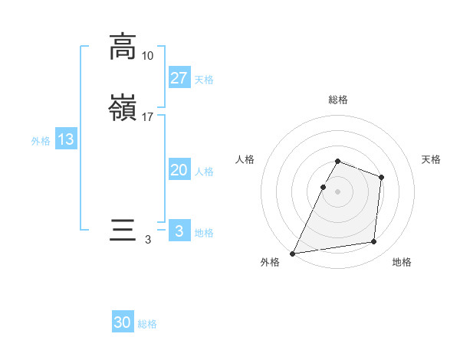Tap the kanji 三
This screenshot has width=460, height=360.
(x=123, y=231)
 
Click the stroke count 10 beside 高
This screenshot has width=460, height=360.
(x=148, y=56)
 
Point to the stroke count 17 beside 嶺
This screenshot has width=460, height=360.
(x=148, y=117)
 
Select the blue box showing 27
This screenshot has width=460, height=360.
(x=179, y=77)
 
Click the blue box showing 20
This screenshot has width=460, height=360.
(x=179, y=170)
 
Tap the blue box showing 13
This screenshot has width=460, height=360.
(x=66, y=139)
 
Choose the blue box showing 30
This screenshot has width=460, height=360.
(x=123, y=322)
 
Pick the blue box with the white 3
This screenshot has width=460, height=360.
(x=179, y=231)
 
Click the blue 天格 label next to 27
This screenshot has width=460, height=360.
(x=204, y=79)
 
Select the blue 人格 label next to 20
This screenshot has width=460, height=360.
(x=204, y=172)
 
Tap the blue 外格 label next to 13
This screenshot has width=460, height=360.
(x=41, y=141)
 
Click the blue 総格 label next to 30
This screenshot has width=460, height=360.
(x=147, y=324)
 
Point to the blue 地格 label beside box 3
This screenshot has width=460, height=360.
(x=204, y=233)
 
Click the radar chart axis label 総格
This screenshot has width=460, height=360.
(x=338, y=100)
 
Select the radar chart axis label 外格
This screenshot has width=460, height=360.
(x=270, y=263)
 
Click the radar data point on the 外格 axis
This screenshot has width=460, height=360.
(x=293, y=253)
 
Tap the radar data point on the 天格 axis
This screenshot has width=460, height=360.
(x=381, y=177)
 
